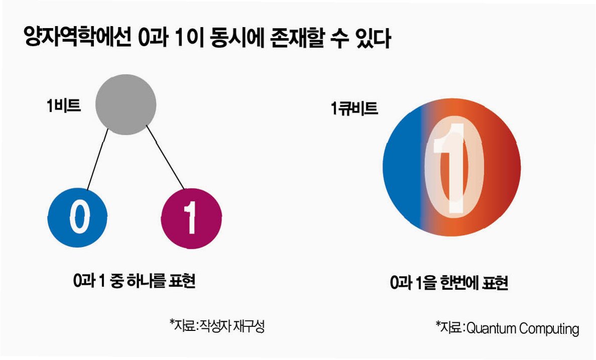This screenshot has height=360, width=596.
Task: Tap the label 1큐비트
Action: pyautogui.click(x=354, y=109)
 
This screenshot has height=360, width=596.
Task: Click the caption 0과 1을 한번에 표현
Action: pyautogui.click(x=449, y=283)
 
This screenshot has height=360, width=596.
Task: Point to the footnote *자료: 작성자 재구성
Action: pyautogui.click(x=217, y=326)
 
